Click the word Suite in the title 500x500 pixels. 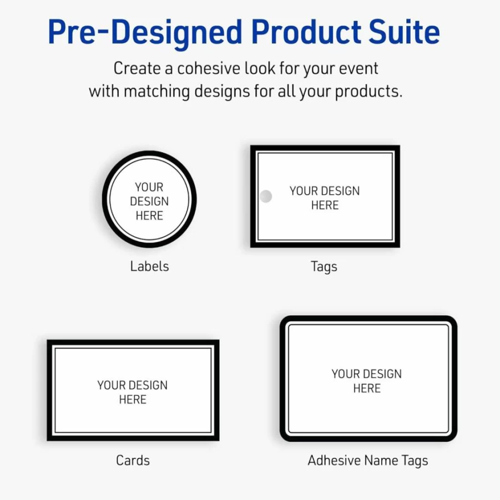404,32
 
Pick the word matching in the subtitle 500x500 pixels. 157,92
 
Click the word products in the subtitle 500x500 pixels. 368,92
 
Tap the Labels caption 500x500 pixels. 149,266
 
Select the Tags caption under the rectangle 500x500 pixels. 324,267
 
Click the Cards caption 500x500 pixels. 133,460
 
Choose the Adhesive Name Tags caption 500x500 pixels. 368,461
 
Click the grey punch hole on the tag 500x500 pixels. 266,196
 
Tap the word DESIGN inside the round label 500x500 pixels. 149,201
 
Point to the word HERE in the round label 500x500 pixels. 149,215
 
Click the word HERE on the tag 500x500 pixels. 325,205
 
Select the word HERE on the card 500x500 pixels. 133,399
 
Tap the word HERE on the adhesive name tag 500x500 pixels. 367,388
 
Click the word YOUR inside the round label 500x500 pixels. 149,187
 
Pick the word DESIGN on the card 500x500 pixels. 148,385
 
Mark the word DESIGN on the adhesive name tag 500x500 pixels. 382,373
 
